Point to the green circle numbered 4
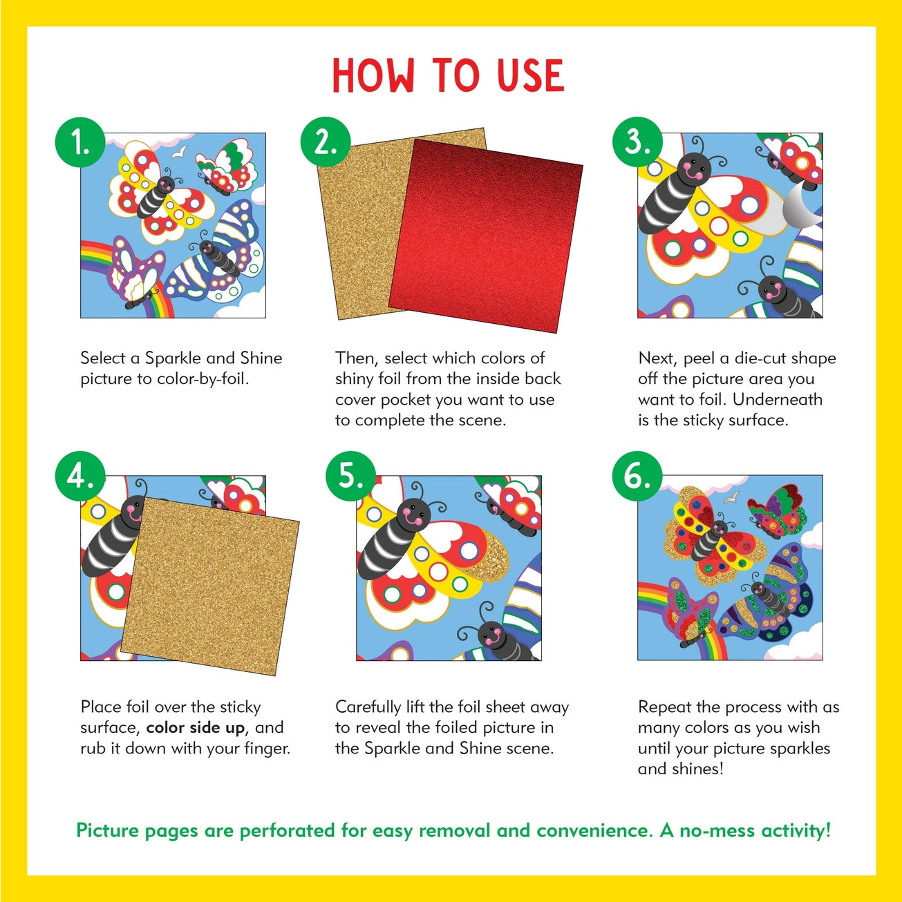pos(80,476)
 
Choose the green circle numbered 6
pos(637,476)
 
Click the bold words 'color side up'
pos(195,728)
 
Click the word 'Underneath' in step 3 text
pos(778,400)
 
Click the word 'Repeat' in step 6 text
pos(664,707)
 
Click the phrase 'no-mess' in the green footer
pos(717,830)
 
